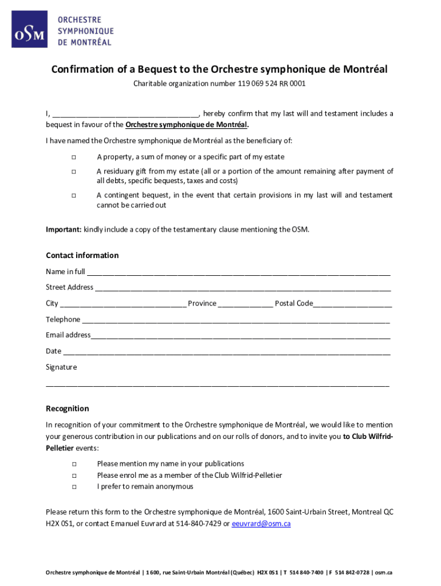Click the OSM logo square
coord(30,30)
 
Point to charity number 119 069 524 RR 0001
coord(271,84)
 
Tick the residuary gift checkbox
coord(74,172)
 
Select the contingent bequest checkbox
coord(74,196)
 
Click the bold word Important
coord(64,229)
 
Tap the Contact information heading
coord(82,255)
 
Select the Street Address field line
coord(243,288)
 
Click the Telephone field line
coord(235,320)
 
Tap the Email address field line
coord(241,336)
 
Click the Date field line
coord(227,352)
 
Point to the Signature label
coord(61,367)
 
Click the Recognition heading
coord(67,409)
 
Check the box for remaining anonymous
coord(74,487)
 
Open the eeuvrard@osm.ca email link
coord(261,524)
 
